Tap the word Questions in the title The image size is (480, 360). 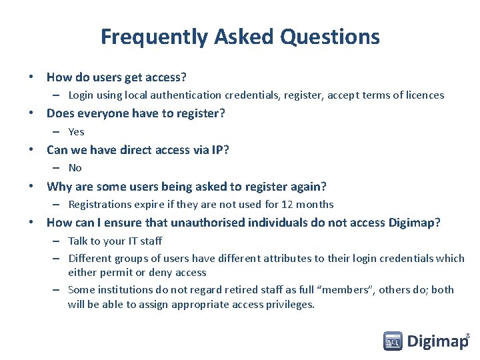click(x=330, y=37)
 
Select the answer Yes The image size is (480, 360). click(x=76, y=132)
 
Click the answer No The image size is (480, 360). click(x=75, y=168)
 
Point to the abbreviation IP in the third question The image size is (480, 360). click(x=218, y=150)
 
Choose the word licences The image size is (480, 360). click(x=423, y=95)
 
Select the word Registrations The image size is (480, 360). click(x=101, y=205)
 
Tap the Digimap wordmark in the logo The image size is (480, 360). click(x=437, y=342)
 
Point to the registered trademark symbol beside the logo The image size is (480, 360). click(x=467, y=335)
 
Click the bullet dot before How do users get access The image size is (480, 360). click(x=32, y=77)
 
